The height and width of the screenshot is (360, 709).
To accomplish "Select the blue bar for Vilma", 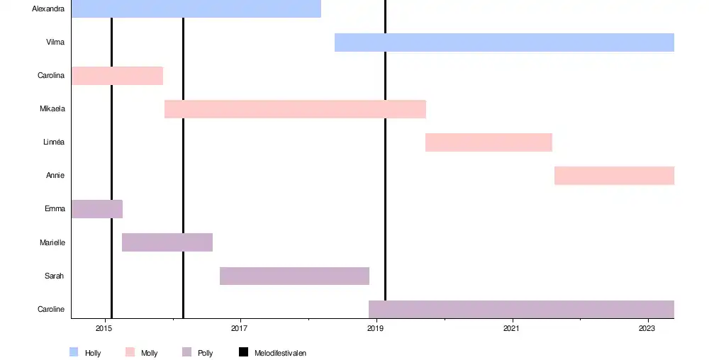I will click(503, 43).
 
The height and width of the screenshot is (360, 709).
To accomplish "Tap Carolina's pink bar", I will click(117, 76).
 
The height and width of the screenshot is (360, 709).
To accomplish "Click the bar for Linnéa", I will click(489, 142).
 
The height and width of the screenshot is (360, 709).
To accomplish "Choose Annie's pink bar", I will click(614, 176).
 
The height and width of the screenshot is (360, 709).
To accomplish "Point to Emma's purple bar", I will click(96, 209).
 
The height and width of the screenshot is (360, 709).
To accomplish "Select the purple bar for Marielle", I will click(167, 242).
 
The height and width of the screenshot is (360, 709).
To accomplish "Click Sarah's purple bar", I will click(294, 276).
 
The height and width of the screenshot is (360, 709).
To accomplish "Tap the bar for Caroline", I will click(521, 309).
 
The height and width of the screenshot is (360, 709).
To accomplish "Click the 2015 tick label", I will click(104, 329).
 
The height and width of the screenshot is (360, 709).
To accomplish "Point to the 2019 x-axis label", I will click(376, 329).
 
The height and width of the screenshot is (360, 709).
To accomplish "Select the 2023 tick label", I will click(647, 329).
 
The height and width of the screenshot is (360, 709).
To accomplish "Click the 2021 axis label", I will click(511, 329).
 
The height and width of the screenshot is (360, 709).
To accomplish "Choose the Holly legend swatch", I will click(74, 352).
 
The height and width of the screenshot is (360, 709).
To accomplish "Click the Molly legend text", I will click(149, 353).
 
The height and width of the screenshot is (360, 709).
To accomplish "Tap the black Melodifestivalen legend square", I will click(243, 352).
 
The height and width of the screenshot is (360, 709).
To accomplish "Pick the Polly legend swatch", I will click(186, 352).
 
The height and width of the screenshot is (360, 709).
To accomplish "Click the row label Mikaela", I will click(52, 109).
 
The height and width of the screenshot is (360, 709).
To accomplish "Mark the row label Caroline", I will click(51, 309).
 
